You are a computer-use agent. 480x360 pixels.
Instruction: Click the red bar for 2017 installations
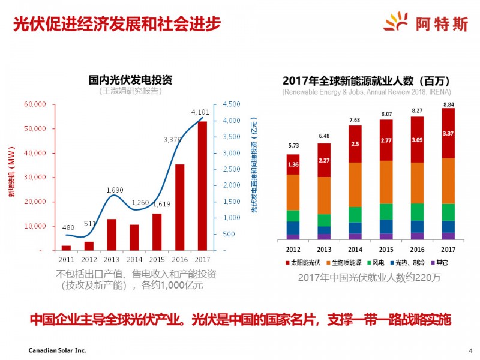click(x=202, y=185)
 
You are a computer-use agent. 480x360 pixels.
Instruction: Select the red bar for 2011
click(x=66, y=247)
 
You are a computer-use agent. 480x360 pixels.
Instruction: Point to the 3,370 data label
click(x=173, y=140)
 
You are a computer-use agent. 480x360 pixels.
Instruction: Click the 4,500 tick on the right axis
click(x=232, y=104)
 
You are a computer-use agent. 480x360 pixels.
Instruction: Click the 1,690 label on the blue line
click(x=115, y=190)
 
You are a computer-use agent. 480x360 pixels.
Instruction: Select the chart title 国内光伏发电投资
click(x=131, y=80)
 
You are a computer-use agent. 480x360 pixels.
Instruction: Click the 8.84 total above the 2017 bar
click(x=448, y=104)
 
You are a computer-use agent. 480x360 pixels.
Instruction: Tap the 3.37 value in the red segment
click(x=448, y=133)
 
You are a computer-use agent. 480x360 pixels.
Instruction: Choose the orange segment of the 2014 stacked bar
click(x=355, y=184)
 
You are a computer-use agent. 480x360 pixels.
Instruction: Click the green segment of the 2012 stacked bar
click(x=293, y=215)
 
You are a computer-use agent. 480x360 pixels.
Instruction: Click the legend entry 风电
click(x=379, y=263)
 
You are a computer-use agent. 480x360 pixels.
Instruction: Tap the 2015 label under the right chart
click(x=386, y=249)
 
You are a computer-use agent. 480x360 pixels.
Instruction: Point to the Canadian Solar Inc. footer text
click(x=58, y=350)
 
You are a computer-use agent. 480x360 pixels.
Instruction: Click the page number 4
click(x=470, y=350)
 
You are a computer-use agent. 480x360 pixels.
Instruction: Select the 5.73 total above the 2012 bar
click(x=293, y=146)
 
